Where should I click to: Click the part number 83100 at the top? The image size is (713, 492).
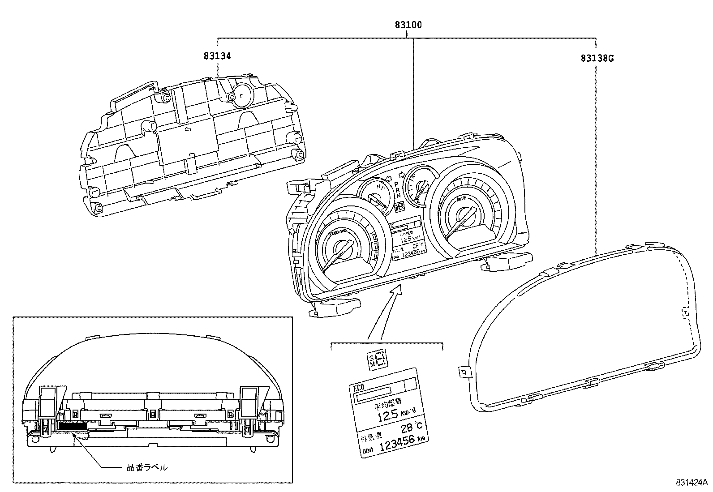408,25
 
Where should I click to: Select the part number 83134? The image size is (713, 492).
217,56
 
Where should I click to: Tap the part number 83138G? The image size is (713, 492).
597,58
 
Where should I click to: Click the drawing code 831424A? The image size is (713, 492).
691,483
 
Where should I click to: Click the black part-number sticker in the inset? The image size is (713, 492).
72,426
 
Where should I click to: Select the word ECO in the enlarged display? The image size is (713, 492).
359,387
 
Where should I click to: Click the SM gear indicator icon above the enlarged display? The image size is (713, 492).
377,359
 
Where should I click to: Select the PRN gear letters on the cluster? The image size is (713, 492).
397,190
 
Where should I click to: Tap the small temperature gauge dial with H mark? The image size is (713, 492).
374,195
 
